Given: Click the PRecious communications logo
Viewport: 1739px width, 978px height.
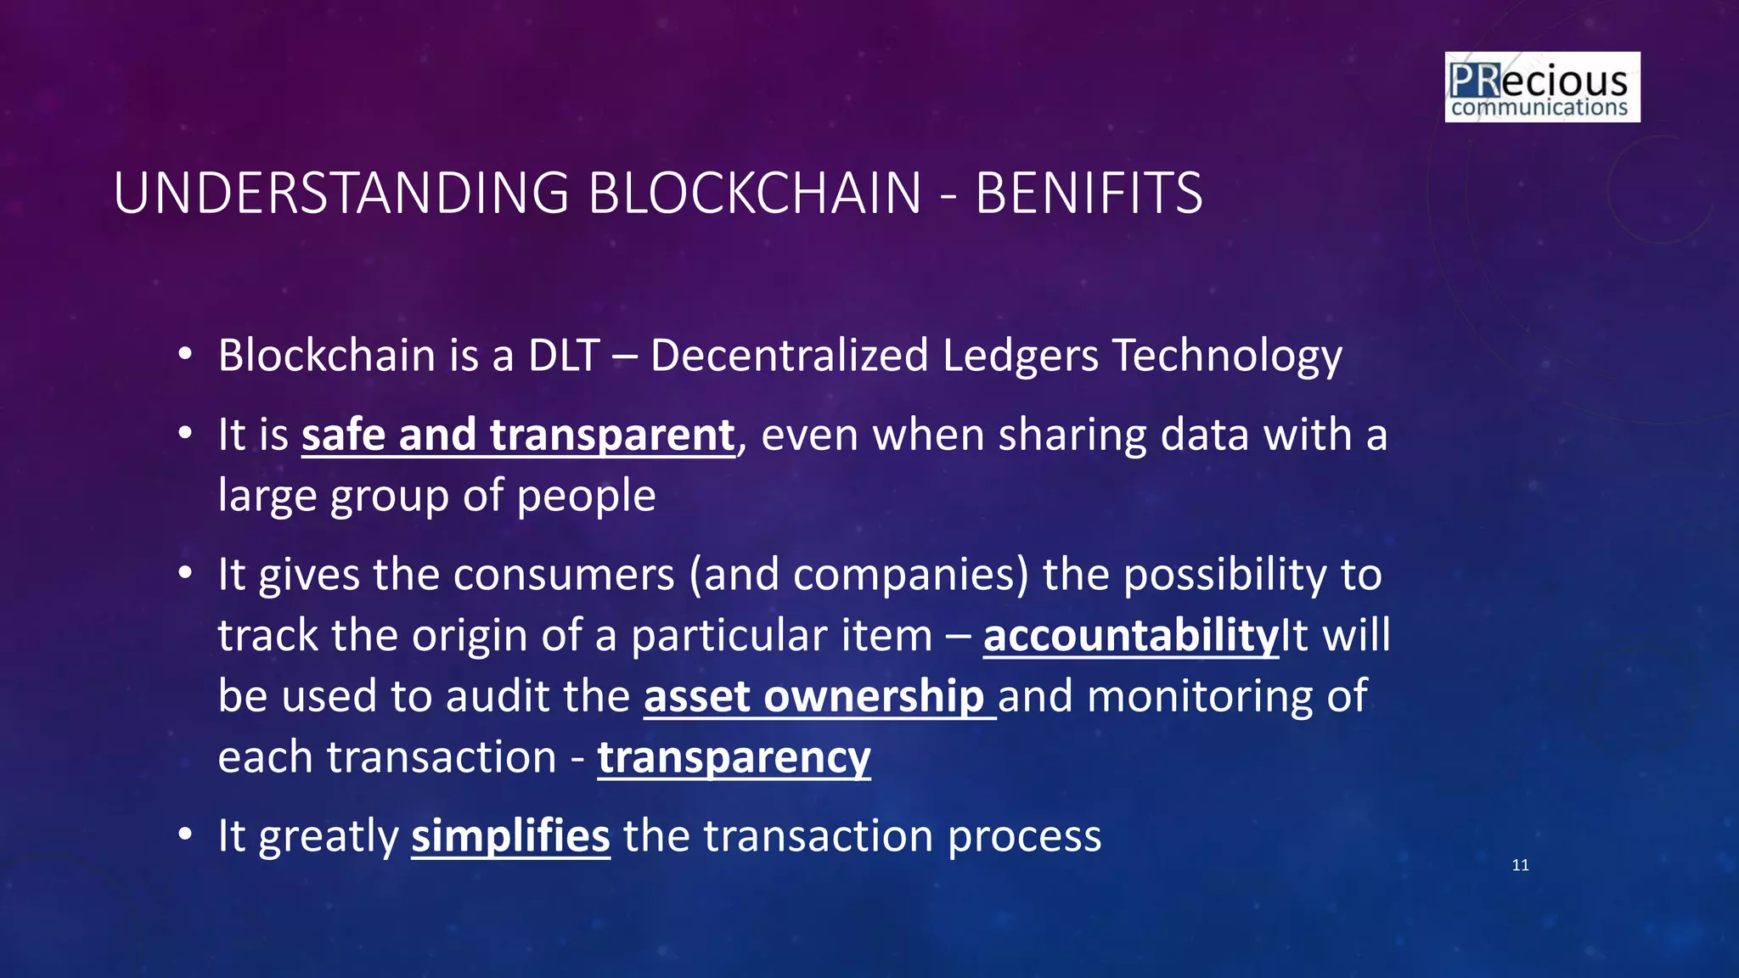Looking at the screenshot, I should (1542, 87).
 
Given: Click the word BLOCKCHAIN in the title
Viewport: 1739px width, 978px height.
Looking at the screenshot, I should (754, 194).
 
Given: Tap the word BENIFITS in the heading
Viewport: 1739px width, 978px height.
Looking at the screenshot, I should (1089, 194).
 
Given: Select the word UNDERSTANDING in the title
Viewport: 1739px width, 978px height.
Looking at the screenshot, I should (340, 194).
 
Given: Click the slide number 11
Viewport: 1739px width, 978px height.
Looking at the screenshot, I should (1520, 865).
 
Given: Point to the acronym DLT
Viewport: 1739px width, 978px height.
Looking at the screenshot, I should (564, 355).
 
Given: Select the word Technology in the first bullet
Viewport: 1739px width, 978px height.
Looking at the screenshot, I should (1227, 357).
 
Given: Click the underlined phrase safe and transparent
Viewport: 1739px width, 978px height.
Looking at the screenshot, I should (518, 436).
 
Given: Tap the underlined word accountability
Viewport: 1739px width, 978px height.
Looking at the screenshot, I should (1130, 636).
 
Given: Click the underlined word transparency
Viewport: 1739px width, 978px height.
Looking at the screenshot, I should (734, 758).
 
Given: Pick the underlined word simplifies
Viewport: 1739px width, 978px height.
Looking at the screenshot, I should (510, 836).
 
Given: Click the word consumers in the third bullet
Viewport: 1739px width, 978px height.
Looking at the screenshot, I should (565, 575).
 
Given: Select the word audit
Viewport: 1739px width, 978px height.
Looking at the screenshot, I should (496, 697).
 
